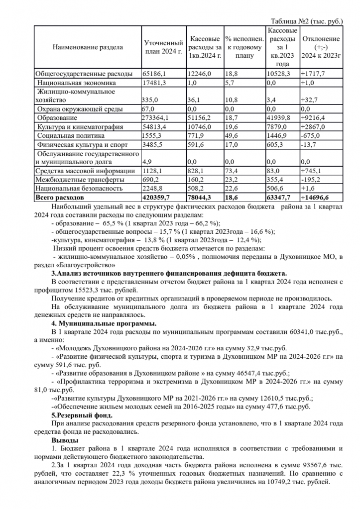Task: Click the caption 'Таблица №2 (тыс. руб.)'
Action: [x=307, y=22]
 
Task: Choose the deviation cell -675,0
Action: [x=312, y=135]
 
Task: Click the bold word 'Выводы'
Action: [x=64, y=440]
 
